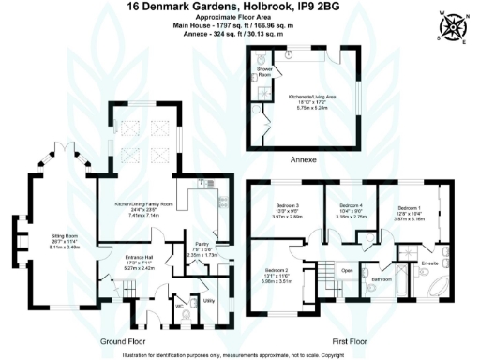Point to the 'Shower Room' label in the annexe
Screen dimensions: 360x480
[x=264, y=68]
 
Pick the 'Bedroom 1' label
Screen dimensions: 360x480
[x=410, y=205]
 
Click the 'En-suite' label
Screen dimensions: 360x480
[x=430, y=263]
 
